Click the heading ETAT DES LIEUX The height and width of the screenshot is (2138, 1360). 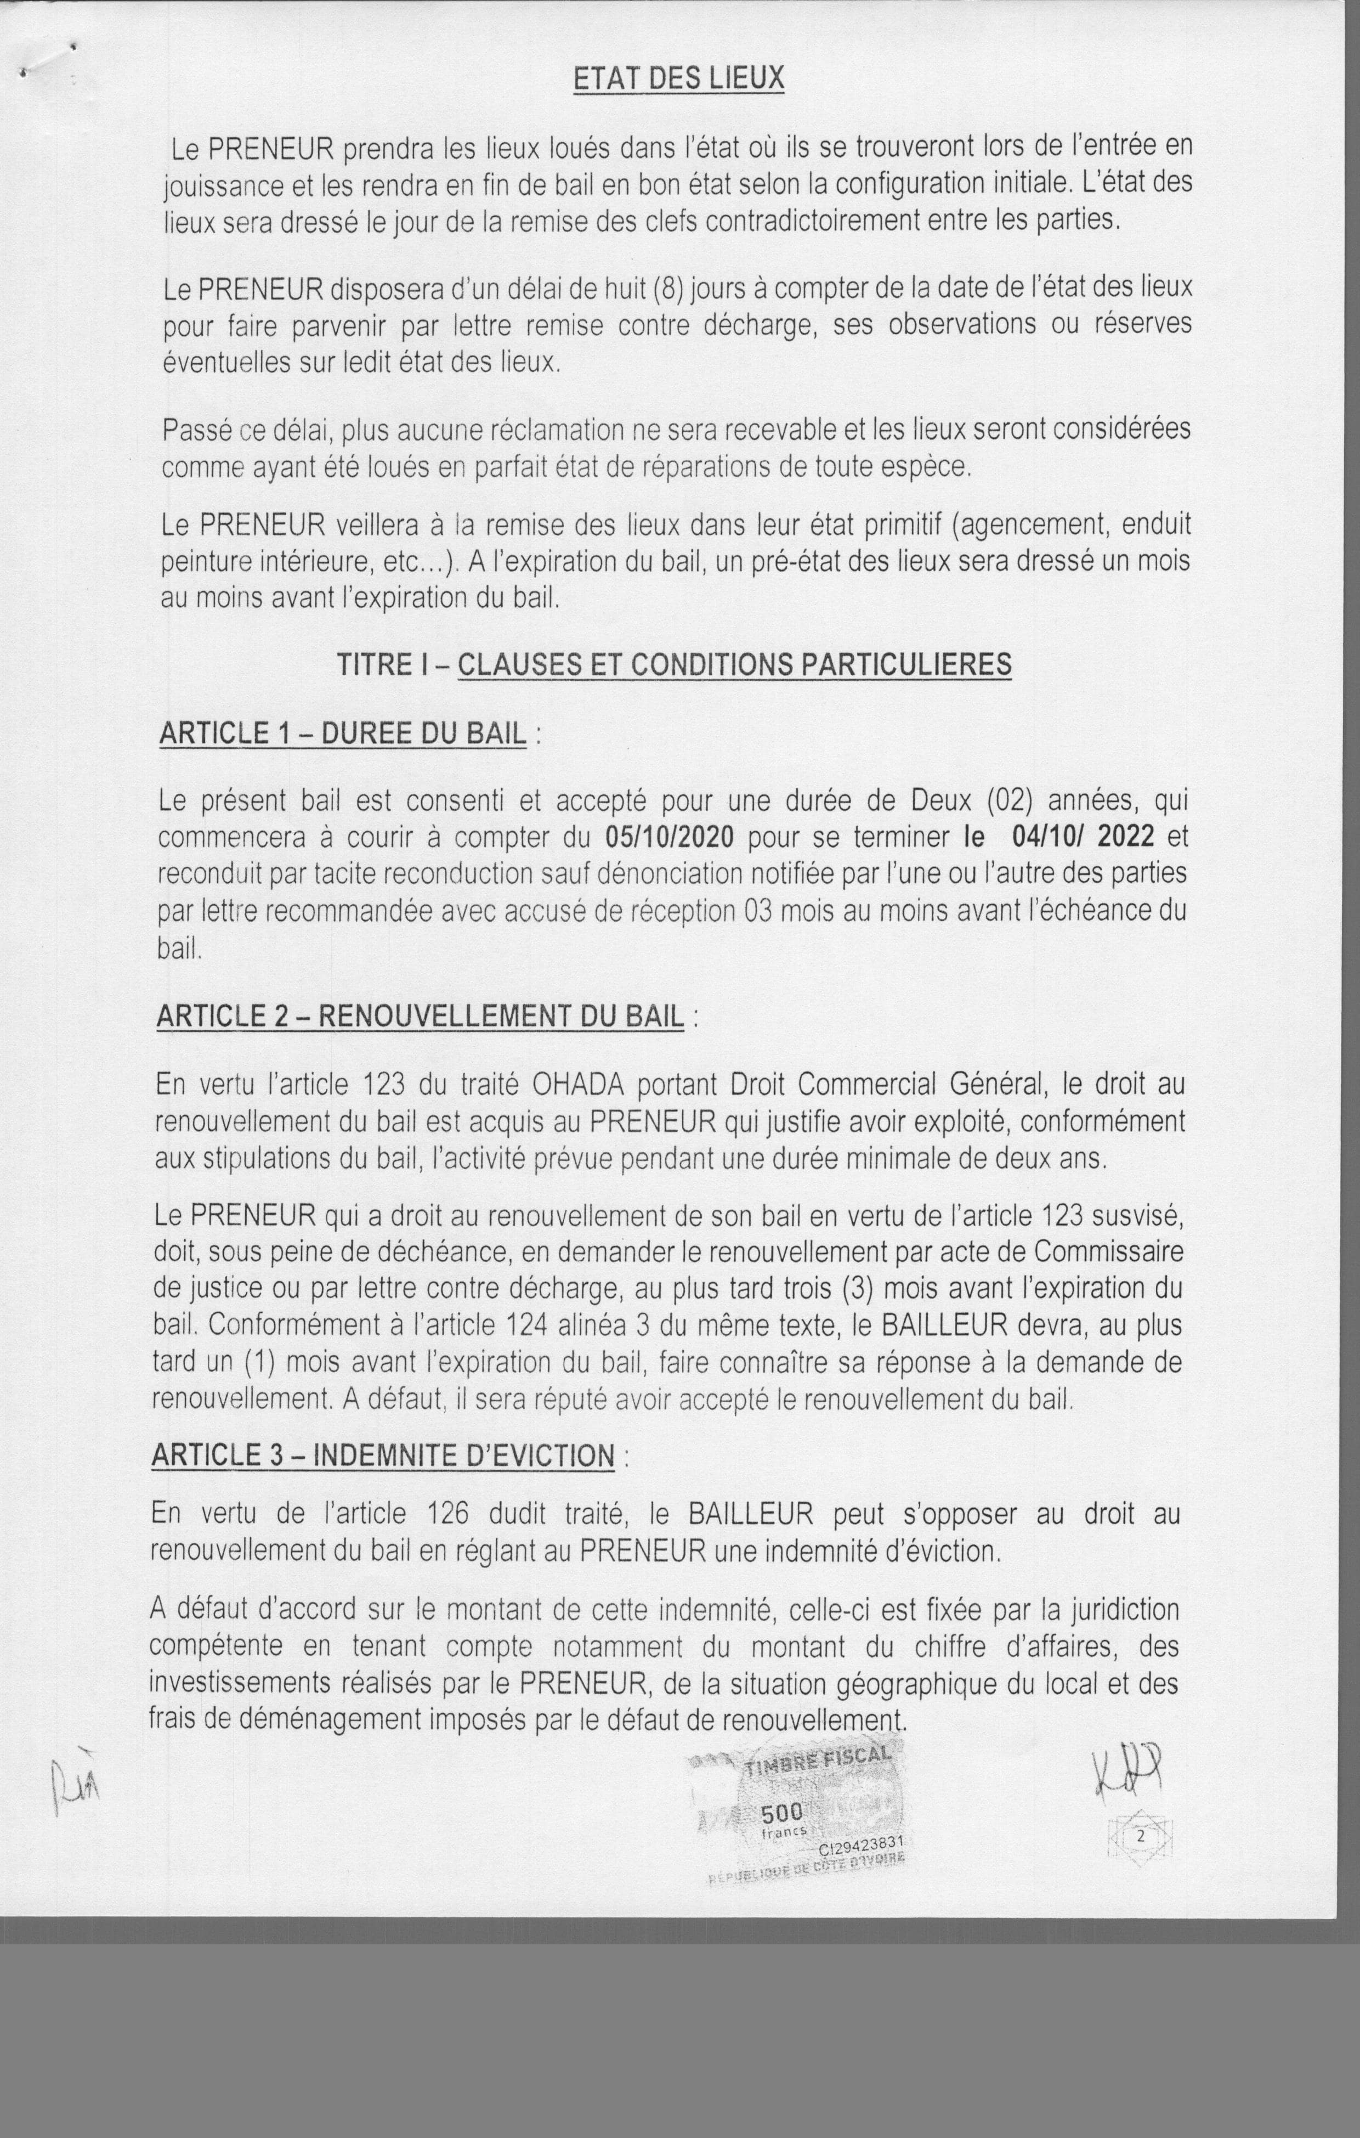coord(679,80)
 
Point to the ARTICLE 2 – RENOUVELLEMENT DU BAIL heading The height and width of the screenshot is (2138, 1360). coord(420,1017)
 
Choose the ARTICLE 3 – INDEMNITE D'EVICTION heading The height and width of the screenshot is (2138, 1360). coord(383,1456)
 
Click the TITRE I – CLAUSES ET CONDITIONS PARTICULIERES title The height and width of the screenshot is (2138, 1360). coord(674,665)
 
